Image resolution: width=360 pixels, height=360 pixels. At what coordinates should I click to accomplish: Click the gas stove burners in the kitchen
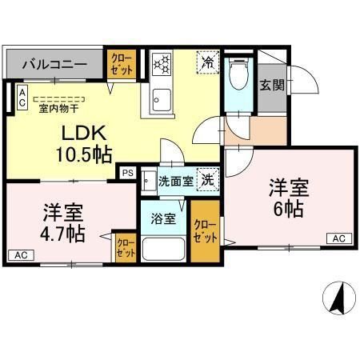point(162,63)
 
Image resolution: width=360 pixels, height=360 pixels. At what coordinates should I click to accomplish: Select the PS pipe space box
point(126,171)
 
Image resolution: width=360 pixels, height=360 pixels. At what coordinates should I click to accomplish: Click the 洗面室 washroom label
point(174,181)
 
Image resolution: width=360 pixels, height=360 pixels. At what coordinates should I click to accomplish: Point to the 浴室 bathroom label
point(164,219)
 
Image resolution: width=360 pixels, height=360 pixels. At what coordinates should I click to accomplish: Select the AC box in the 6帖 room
point(338,238)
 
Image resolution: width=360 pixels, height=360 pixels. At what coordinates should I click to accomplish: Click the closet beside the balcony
point(122,65)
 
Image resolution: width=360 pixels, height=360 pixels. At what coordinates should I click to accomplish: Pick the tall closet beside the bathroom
point(205,230)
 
